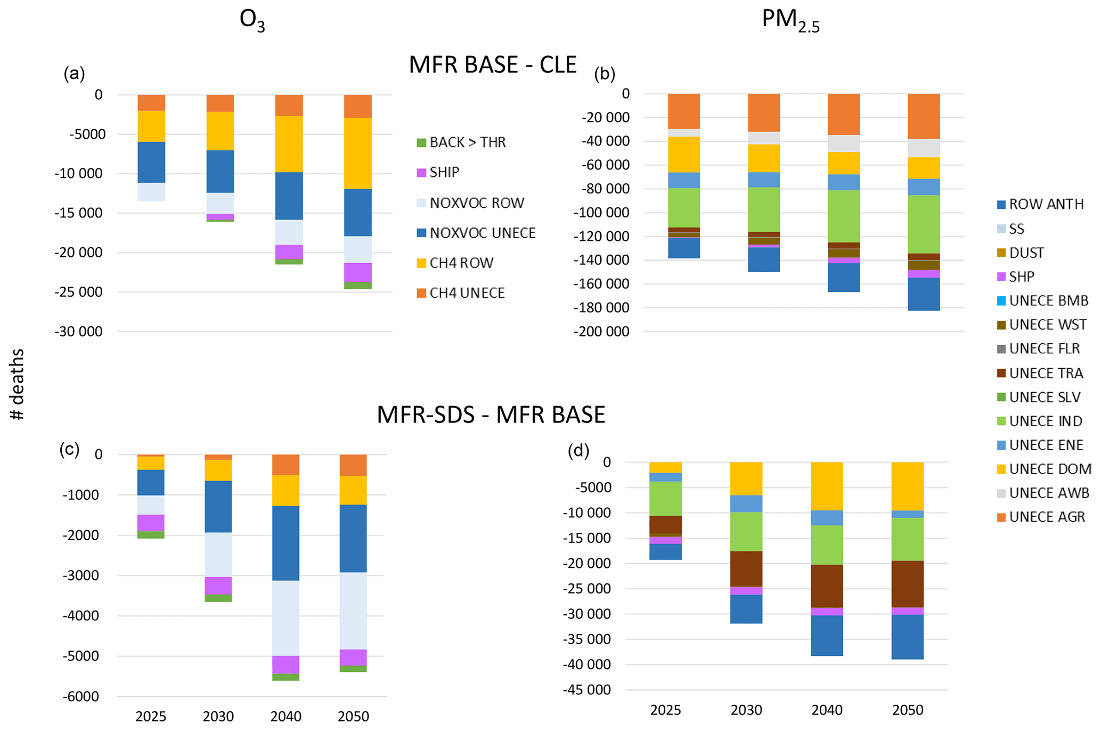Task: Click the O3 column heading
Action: click(252, 20)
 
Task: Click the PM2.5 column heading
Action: click(790, 20)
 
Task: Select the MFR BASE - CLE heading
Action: click(493, 65)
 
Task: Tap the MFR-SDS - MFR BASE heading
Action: click(491, 415)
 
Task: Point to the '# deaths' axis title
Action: click(18, 384)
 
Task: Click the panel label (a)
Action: click(74, 74)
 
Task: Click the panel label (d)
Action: click(578, 451)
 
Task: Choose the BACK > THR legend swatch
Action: click(421, 143)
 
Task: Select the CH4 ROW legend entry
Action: click(461, 263)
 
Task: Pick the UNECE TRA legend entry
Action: click(1046, 373)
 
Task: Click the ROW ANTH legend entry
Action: click(1046, 205)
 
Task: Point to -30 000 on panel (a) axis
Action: click(78, 331)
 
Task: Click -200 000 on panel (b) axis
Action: click(601, 331)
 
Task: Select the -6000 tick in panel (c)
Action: click(82, 696)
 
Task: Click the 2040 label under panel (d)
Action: click(827, 710)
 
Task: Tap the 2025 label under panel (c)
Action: click(151, 717)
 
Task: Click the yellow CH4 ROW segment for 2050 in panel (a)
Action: click(357, 153)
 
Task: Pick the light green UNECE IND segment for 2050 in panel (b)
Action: click(924, 224)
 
